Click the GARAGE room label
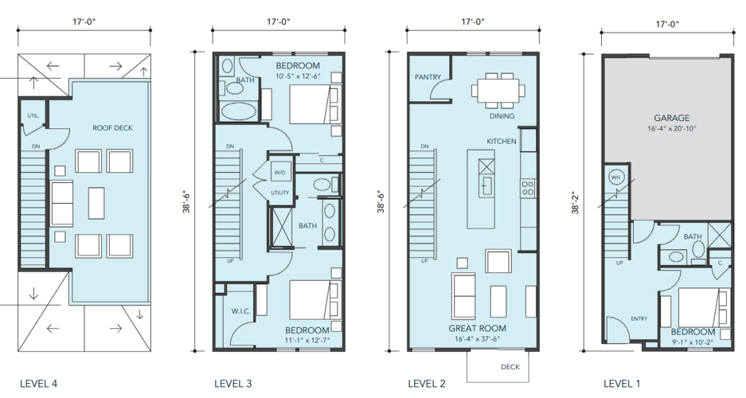tap(671, 118)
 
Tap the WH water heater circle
tap(615, 178)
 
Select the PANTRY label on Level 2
tap(428, 77)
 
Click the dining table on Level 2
tap(498, 89)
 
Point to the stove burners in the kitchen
tap(528, 187)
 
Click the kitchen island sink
tap(486, 185)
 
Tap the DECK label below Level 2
tap(510, 367)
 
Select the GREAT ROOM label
tap(477, 328)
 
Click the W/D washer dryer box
tap(279, 172)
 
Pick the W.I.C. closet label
tap(240, 311)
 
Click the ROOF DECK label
tap(112, 128)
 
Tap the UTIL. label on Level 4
tap(33, 115)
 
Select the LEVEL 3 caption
tap(232, 384)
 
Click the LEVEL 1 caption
tap(621, 384)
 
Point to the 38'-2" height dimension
tap(576, 202)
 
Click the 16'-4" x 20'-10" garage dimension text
tap(671, 129)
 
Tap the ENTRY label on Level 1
tap(639, 318)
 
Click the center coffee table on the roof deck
tap(96, 203)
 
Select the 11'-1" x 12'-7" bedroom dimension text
tap(307, 341)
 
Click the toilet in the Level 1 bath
tap(698, 250)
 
